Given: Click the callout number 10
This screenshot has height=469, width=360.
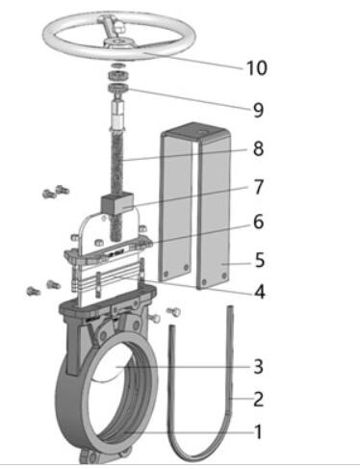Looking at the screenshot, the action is point(256,67).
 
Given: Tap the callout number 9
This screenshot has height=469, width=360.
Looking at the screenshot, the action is point(258,110).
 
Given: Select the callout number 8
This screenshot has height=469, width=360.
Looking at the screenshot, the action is point(258,148).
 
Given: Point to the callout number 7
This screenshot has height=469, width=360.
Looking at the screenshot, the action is point(258,187).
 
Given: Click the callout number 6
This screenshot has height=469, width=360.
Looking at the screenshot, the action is point(258,221).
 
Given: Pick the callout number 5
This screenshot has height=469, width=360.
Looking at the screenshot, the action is point(260,260).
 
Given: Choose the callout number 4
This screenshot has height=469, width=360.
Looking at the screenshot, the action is point(259,292).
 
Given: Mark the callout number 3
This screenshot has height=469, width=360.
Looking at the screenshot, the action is point(258,366).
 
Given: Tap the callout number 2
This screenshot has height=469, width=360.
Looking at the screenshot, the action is point(258,400).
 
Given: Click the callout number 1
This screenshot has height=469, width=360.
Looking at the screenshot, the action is point(259,431).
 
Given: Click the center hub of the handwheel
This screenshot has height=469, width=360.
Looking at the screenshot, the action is point(117,42).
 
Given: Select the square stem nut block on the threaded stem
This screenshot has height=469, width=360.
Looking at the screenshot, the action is point(116,203).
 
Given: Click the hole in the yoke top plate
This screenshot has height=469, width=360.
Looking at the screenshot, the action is point(202,132).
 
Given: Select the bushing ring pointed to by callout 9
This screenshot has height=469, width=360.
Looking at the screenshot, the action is point(118,88).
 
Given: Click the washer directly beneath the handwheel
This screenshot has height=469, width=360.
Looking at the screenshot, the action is point(118,65).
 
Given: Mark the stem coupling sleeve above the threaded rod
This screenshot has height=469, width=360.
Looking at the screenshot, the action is point(117,114).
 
